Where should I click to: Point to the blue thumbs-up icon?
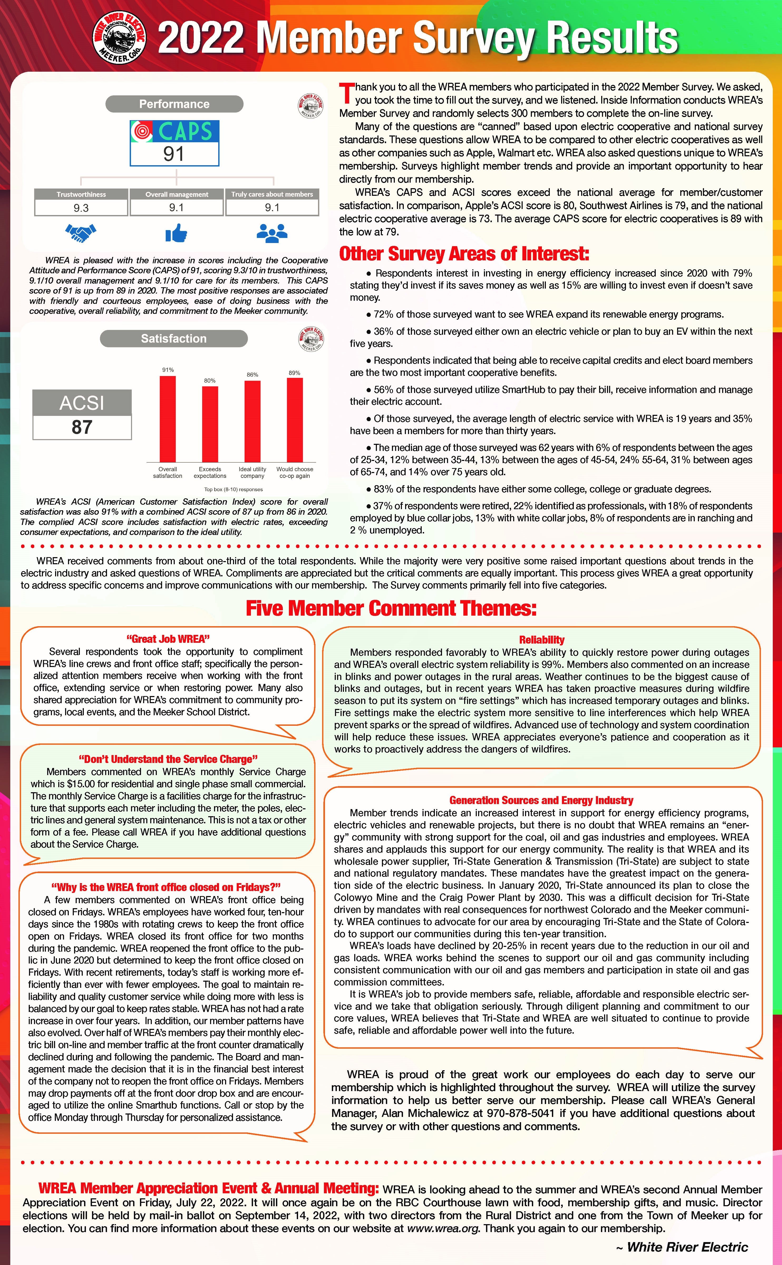click(x=176, y=233)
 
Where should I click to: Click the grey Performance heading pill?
click(x=174, y=104)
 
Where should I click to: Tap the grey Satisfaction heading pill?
click(x=174, y=339)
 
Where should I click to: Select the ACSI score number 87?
click(x=82, y=427)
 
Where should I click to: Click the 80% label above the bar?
click(x=210, y=381)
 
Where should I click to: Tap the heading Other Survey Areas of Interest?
click(x=464, y=254)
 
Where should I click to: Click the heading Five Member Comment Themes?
click(x=391, y=608)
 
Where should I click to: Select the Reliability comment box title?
click(x=542, y=640)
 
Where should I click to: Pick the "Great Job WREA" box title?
click(x=168, y=639)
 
